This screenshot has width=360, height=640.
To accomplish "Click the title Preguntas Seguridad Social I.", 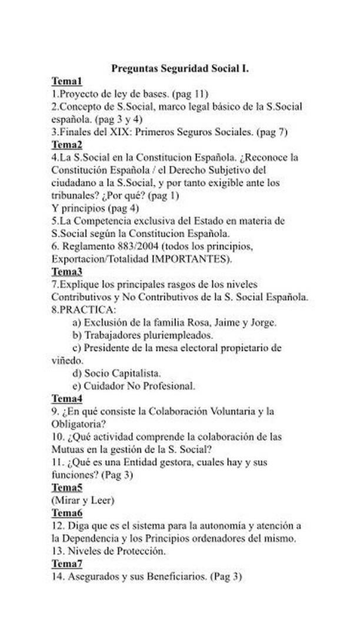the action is click(x=180, y=68).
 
